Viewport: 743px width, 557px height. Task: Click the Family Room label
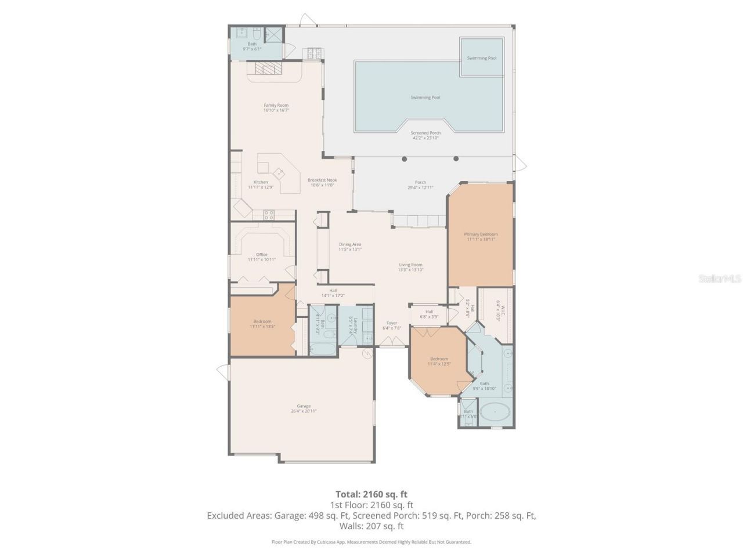[x=276, y=105]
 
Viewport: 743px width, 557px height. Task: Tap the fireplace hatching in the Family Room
[x=268, y=70]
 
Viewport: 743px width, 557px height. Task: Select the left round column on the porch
[x=405, y=159]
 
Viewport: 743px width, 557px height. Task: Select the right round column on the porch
[x=456, y=159]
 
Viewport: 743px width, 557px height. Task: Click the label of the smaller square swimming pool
[x=482, y=58]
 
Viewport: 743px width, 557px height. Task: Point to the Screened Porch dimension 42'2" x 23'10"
[x=425, y=138]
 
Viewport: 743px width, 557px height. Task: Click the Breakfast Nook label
[x=322, y=180]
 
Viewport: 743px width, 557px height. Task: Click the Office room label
[x=262, y=254]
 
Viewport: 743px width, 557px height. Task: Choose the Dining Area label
[x=350, y=244]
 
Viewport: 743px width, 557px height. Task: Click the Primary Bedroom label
[x=481, y=234]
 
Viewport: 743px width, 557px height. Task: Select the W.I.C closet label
[x=498, y=310]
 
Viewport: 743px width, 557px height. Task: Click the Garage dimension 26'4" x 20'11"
[x=304, y=411]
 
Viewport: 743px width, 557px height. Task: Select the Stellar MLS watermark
[x=720, y=279]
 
